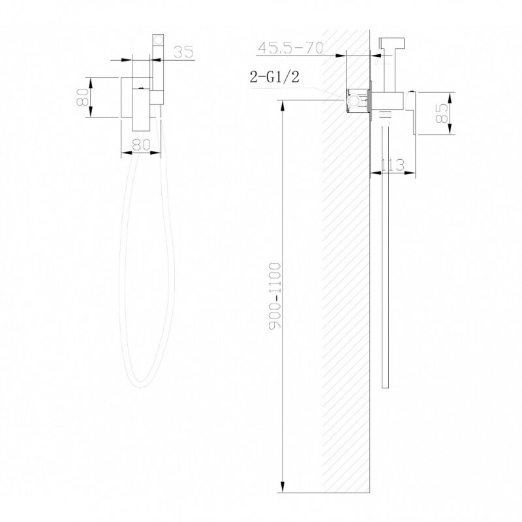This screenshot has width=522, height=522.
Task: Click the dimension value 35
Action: (x=183, y=52)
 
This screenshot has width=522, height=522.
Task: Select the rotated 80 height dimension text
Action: (x=83, y=97)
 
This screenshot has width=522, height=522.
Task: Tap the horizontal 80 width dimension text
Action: (x=141, y=144)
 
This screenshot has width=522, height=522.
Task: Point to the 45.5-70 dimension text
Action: (x=290, y=48)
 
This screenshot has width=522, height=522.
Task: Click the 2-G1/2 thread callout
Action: (x=275, y=76)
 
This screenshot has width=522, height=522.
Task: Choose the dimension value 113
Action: (x=392, y=165)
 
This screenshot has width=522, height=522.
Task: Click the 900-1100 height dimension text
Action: (x=275, y=296)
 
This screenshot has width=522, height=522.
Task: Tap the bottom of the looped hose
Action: (x=141, y=386)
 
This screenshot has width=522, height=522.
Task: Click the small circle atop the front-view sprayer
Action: (x=159, y=40)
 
